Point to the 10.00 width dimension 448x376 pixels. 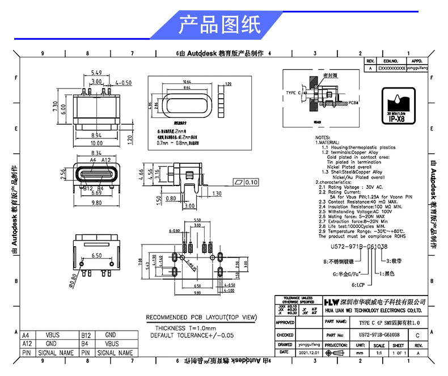coord(97,143)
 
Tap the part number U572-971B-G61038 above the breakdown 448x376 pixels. coord(351,247)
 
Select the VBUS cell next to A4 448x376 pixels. coord(52,335)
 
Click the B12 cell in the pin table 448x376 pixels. coord(86,335)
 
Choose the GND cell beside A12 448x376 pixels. coord(52,343)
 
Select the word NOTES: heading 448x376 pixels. coord(322,138)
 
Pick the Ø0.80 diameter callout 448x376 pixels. coord(73,277)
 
